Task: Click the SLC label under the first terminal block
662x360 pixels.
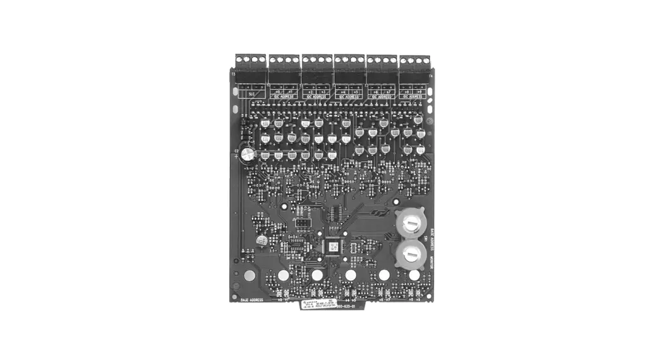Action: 252,93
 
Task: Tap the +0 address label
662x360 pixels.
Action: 278,92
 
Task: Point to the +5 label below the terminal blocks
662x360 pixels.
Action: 356,92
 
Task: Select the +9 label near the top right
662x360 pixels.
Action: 421,92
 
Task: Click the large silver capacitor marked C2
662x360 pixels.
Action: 249,154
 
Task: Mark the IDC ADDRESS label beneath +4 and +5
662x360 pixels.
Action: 349,97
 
